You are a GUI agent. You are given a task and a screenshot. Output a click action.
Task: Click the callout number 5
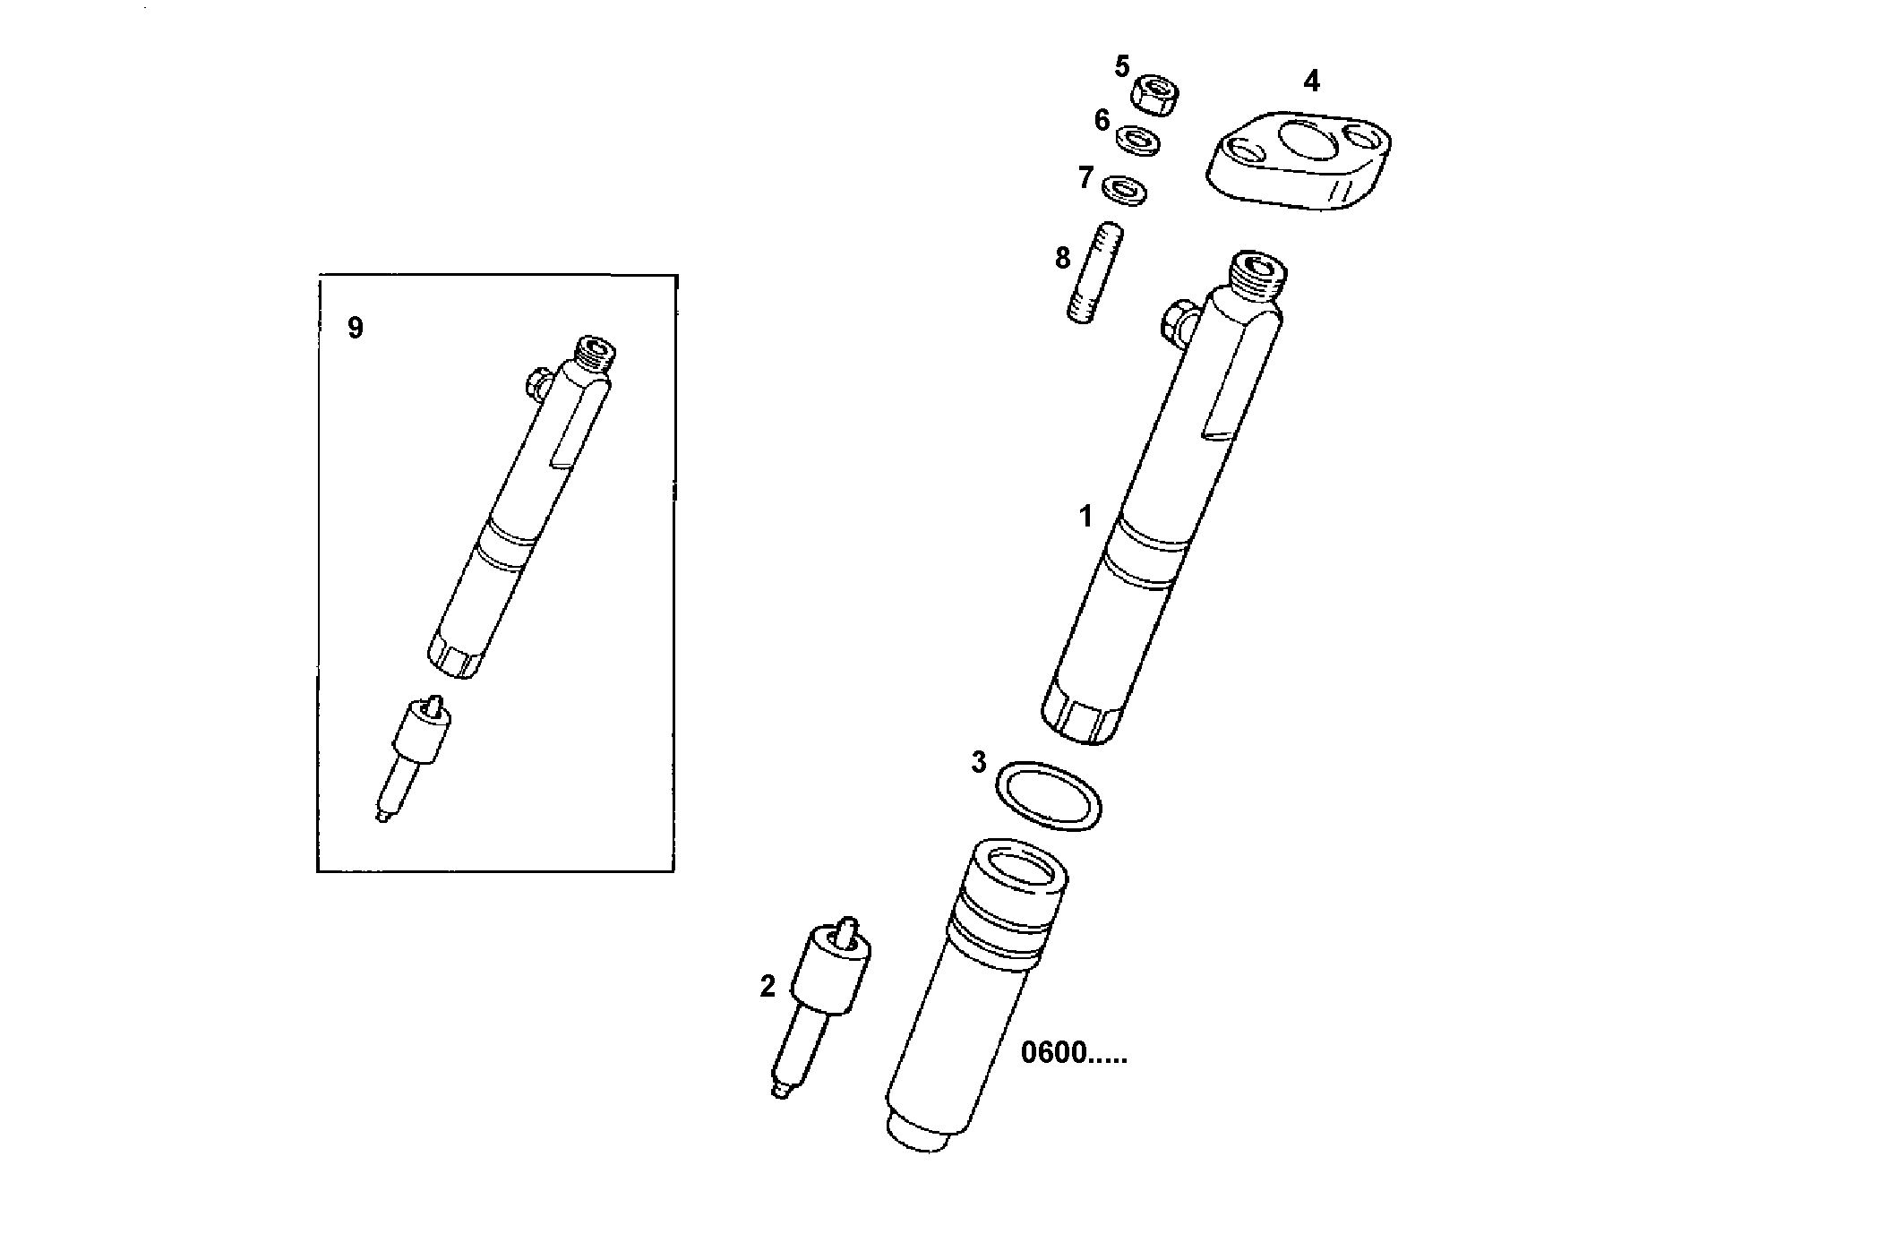(1122, 66)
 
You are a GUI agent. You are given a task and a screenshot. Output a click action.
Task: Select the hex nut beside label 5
(1156, 93)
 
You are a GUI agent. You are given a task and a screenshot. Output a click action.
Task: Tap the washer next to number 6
(1138, 140)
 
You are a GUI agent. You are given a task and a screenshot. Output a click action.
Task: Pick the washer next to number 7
(1125, 189)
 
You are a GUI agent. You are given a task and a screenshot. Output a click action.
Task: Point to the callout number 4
(1311, 81)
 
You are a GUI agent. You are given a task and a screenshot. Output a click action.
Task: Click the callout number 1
(1086, 517)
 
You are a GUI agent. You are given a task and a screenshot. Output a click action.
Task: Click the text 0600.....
(1073, 1053)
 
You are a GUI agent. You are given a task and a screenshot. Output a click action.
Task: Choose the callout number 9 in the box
(356, 329)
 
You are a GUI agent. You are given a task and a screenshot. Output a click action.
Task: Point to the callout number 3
(979, 763)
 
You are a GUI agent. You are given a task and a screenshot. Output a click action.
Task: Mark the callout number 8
(1062, 259)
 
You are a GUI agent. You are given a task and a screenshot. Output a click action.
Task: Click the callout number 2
(768, 987)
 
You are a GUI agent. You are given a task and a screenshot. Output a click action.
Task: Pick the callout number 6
(1102, 120)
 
